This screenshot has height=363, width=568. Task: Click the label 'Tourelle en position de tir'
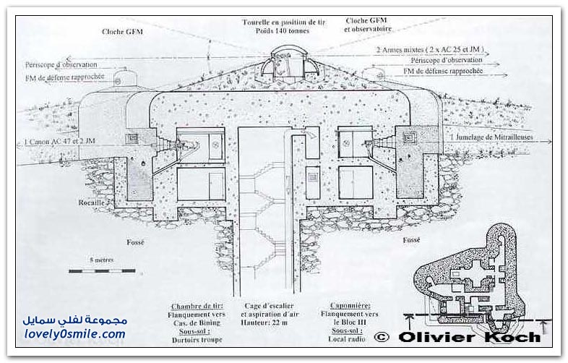(283, 22)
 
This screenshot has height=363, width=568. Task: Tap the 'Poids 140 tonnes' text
(283, 31)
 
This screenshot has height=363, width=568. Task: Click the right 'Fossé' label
(412, 239)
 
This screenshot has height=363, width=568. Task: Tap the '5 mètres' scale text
(101, 258)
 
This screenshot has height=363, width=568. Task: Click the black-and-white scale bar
(102, 270)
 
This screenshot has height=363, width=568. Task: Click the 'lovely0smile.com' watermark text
(74, 334)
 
